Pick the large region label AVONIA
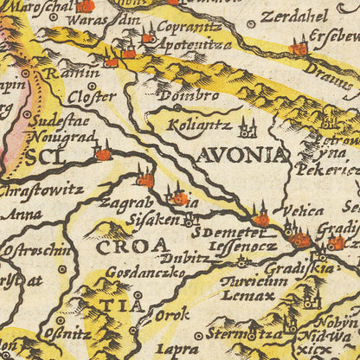click(x=241, y=157)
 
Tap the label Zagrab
click(x=126, y=202)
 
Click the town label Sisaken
click(x=151, y=220)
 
